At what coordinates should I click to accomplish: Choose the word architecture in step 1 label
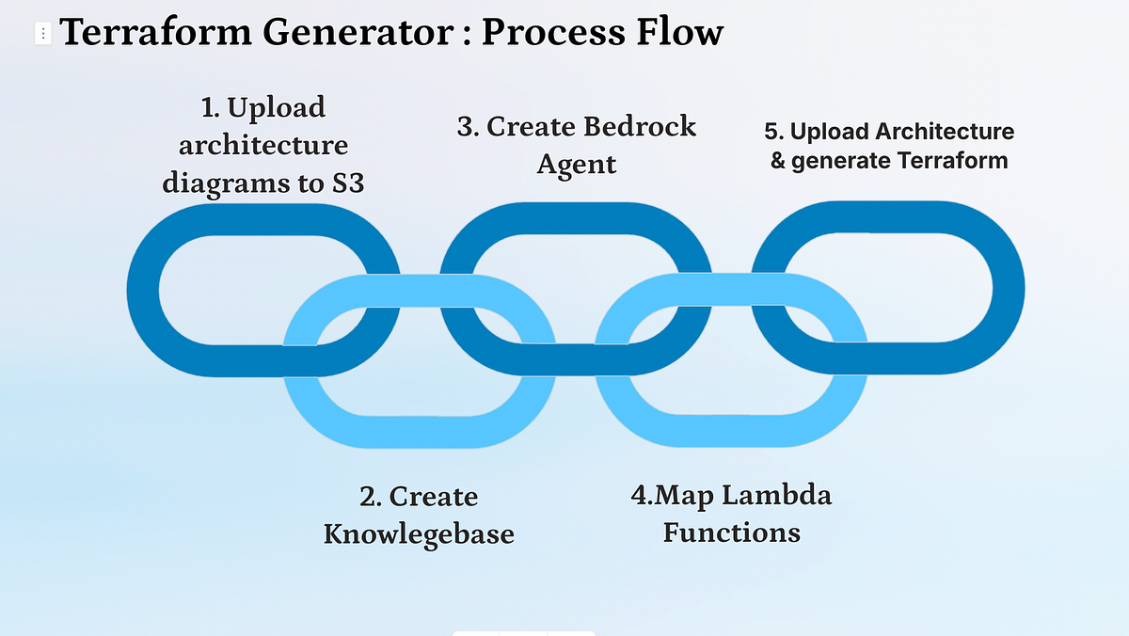(x=263, y=145)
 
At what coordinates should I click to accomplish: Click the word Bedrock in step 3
(x=640, y=126)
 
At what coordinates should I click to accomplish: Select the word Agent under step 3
(x=576, y=164)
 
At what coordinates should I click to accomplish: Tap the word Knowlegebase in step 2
(x=419, y=534)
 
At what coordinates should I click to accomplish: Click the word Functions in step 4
(x=731, y=533)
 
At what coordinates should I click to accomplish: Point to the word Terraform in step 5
(x=951, y=161)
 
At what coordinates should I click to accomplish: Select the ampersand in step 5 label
(x=778, y=161)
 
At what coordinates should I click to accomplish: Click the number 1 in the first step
(x=209, y=108)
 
